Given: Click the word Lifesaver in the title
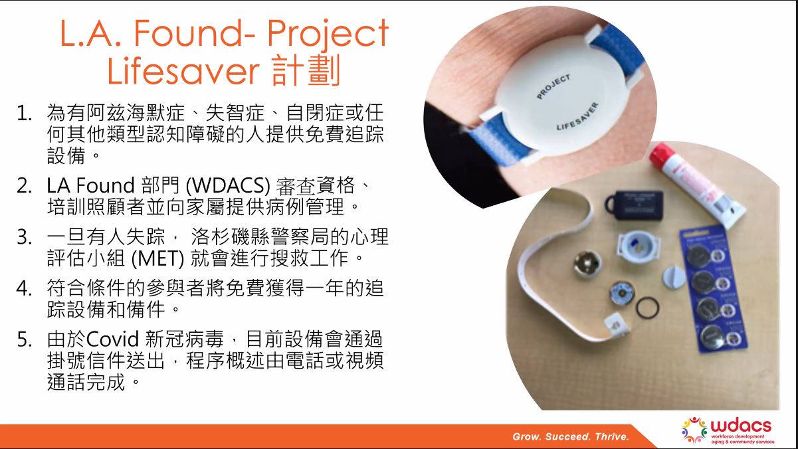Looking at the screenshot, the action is (x=183, y=71).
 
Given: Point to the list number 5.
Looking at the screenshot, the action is (x=24, y=339).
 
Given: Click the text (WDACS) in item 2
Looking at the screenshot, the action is (x=228, y=185).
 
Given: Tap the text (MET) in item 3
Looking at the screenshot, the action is (x=158, y=258).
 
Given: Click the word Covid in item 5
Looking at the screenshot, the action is (x=112, y=339).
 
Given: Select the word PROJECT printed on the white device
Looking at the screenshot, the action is (x=553, y=86).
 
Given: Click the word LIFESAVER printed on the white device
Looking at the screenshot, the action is (x=577, y=116).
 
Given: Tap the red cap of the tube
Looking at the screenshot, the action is (x=658, y=155).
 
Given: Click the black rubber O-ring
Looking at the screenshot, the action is (x=647, y=308).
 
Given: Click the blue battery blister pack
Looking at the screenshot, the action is (x=713, y=289).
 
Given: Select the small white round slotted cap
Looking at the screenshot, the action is (x=674, y=278).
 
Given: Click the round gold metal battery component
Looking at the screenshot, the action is (x=587, y=264).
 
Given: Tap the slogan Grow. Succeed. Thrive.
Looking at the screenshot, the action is (x=571, y=436).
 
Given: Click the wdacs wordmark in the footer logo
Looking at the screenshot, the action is (x=741, y=426).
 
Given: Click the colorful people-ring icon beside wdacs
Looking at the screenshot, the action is (x=694, y=430).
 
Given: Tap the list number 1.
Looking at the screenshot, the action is (x=24, y=114).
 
